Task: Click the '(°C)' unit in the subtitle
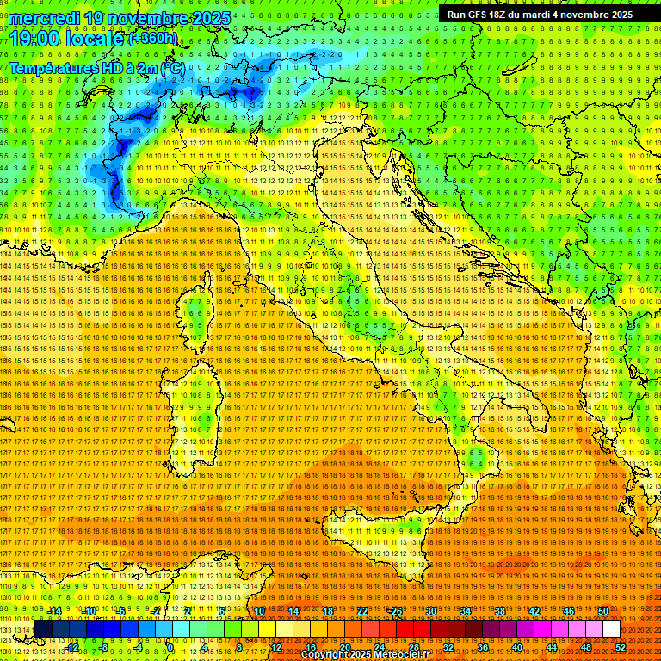point(171,67)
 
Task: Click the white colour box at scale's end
point(611,629)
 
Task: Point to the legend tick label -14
point(54,611)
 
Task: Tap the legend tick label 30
point(431,611)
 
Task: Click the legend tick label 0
point(170,647)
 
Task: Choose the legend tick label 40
point(517,647)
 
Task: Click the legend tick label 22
point(362,611)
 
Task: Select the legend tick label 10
point(258,611)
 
